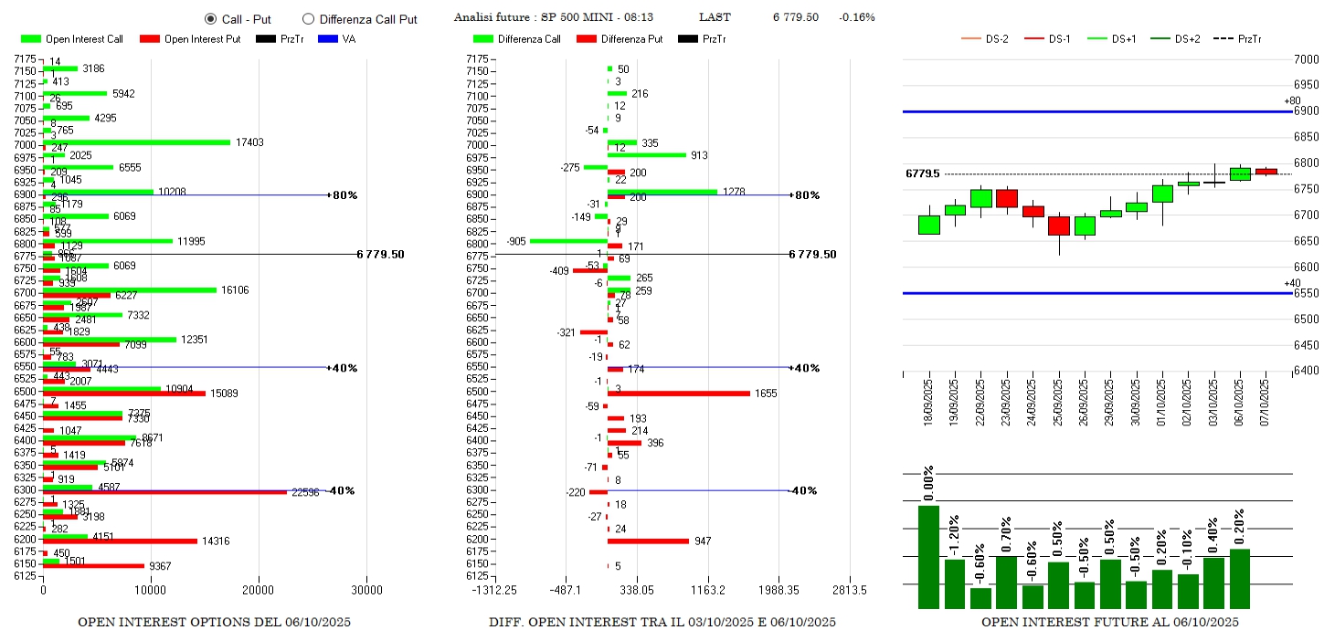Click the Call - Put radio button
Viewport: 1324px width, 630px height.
(210, 18)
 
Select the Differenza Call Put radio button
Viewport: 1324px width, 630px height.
(308, 18)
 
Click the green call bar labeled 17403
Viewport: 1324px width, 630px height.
(136, 142)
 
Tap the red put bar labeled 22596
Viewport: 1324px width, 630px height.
(164, 492)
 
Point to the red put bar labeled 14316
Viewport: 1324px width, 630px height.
(120, 541)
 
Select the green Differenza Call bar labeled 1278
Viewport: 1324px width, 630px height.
(662, 192)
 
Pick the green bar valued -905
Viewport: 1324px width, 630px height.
(568, 241)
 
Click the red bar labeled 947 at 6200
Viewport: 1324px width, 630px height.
(648, 541)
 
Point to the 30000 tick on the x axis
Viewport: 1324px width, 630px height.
(367, 590)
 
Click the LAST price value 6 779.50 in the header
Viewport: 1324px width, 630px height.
(795, 17)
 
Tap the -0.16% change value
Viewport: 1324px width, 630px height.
(856, 17)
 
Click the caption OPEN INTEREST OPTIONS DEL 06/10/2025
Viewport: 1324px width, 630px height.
(214, 623)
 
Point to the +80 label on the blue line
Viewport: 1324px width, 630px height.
(1291, 101)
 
